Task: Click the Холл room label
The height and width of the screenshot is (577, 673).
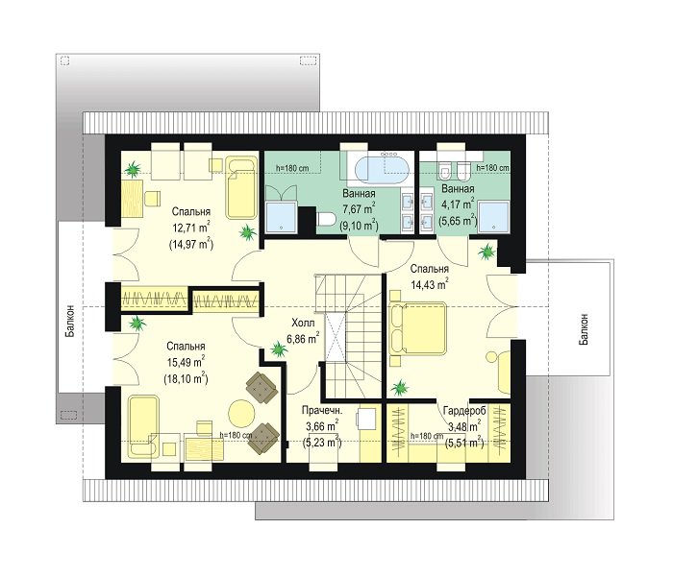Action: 303,323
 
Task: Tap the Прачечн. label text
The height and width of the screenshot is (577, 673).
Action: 322,410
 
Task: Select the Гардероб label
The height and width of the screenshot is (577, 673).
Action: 464,411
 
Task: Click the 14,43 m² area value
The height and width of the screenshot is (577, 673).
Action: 430,284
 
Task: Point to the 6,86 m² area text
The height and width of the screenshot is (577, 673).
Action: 303,338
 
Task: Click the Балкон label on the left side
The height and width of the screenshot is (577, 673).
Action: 70,321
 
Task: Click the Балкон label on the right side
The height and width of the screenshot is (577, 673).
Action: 584,329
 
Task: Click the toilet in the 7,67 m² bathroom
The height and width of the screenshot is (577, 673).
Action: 326,220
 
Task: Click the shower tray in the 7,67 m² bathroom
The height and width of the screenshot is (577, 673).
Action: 281,217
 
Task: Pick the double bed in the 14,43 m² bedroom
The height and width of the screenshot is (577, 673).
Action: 417,328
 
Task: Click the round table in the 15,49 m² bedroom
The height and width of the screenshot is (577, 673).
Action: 241,413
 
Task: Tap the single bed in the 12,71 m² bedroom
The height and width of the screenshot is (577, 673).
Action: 241,188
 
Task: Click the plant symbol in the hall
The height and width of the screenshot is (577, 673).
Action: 279,350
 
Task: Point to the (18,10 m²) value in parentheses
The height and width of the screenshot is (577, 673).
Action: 186,378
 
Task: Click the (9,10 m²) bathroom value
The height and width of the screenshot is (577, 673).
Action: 359,225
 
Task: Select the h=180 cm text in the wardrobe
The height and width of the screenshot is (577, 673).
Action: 427,436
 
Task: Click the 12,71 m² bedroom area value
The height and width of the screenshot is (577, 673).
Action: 191,228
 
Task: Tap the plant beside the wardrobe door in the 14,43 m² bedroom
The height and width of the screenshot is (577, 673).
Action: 400,389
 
